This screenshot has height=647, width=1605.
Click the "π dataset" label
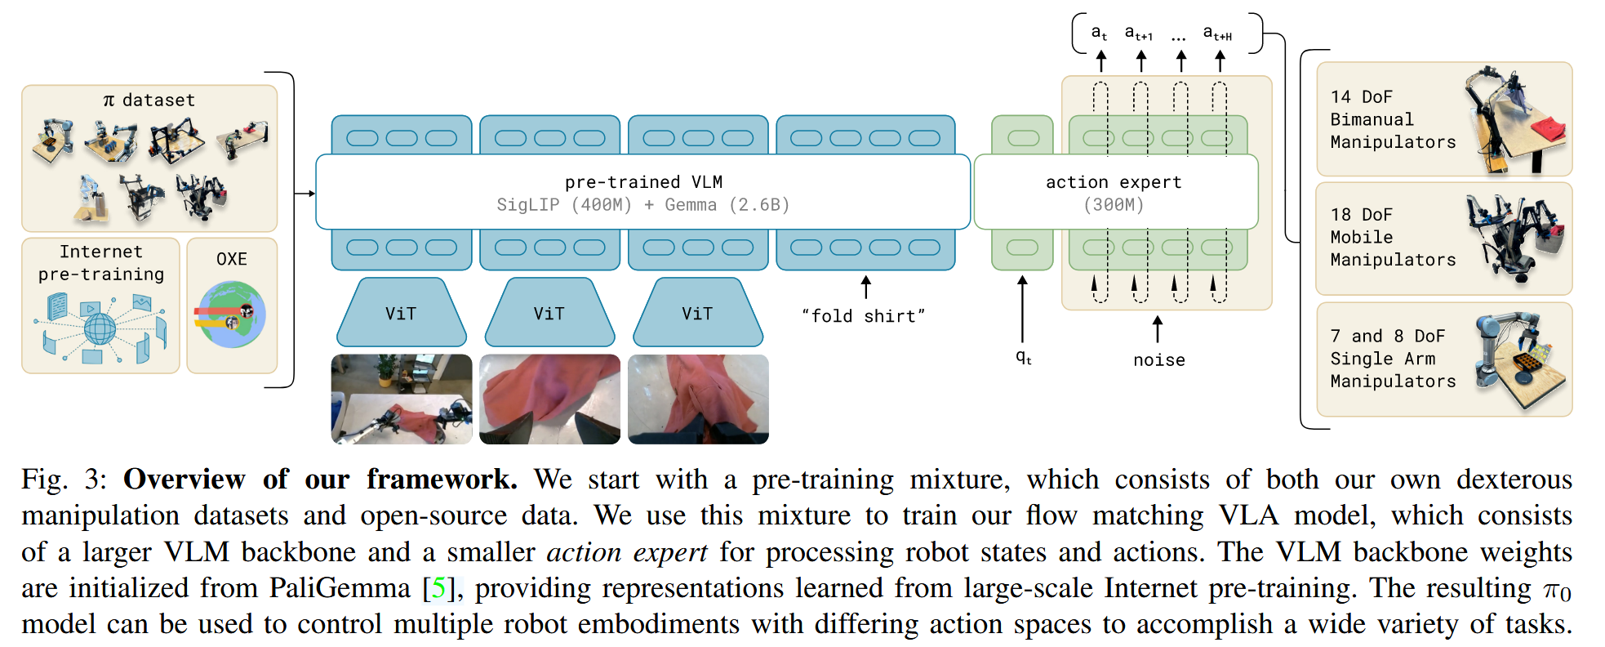(x=149, y=100)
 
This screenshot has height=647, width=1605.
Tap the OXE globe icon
(x=231, y=315)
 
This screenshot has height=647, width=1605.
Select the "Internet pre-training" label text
(x=100, y=263)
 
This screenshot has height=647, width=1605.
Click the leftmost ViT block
(x=401, y=314)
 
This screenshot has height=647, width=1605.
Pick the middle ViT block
(x=549, y=314)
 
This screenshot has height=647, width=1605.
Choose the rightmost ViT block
(x=698, y=314)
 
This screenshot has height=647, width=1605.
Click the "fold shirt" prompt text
(x=863, y=316)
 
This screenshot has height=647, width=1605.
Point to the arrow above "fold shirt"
(x=866, y=287)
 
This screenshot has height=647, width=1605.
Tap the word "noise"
(x=1158, y=360)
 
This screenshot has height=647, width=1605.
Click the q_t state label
(x=1023, y=357)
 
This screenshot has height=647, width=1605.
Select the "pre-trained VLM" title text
(x=643, y=182)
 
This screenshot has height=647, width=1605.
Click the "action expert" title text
(x=1114, y=182)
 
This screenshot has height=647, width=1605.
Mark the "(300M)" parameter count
(x=1114, y=205)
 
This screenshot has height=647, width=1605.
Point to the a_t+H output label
(x=1217, y=33)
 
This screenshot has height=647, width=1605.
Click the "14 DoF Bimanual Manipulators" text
(x=1392, y=119)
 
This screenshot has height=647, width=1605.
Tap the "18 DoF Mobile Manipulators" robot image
(x=1515, y=238)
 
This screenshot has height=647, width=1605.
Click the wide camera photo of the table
(x=402, y=399)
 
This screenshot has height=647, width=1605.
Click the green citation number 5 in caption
(x=438, y=588)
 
